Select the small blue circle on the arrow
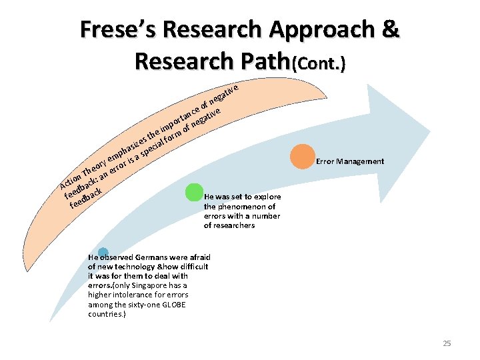103,253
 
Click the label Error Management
350,161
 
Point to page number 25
447,343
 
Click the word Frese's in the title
116,30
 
